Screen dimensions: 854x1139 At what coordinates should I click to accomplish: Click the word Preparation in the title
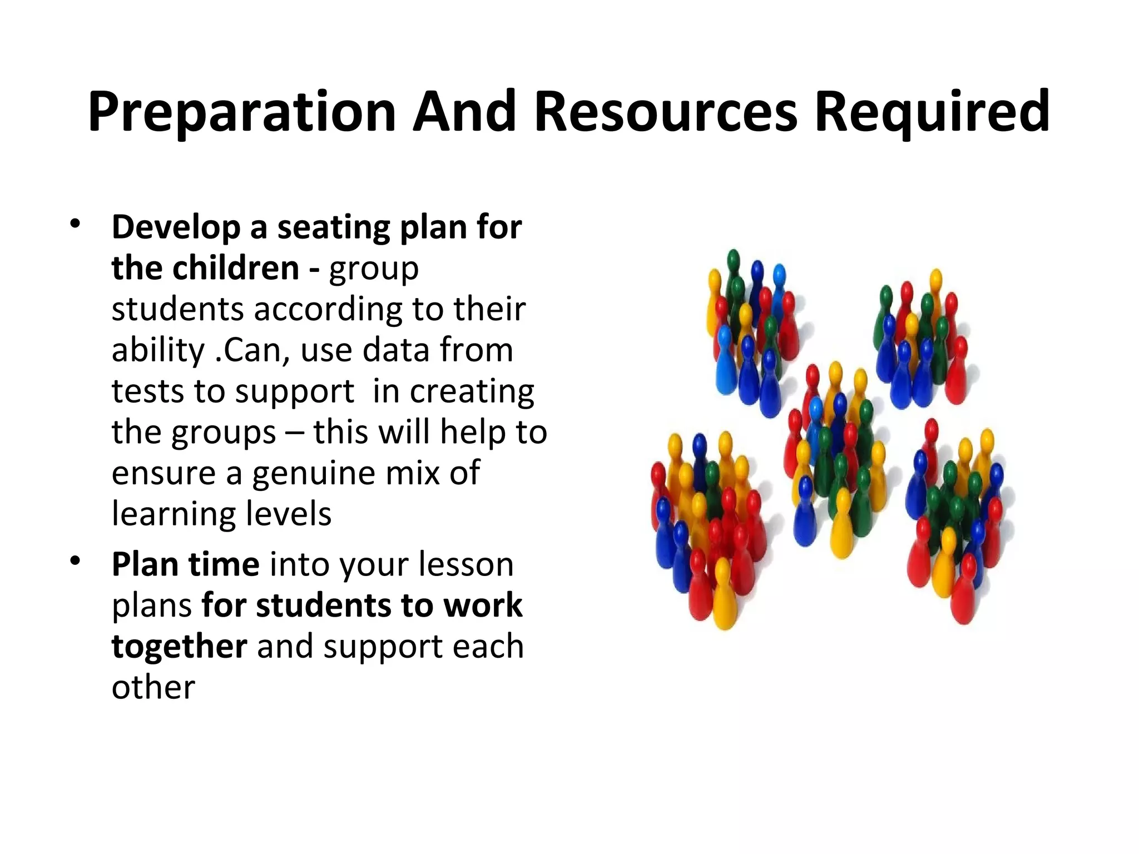(242, 112)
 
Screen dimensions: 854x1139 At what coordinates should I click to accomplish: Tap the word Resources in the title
(666, 112)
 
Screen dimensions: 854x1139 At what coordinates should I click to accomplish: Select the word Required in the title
(932, 112)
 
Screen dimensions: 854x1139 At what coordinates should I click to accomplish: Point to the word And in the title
(464, 112)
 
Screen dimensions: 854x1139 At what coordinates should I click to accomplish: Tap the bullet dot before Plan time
(75, 561)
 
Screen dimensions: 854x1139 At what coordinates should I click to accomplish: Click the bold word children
(236, 269)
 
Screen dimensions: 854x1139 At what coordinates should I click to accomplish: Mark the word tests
(147, 391)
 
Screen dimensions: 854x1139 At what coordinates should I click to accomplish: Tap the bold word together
(179, 647)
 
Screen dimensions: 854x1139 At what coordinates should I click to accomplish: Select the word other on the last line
(153, 688)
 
